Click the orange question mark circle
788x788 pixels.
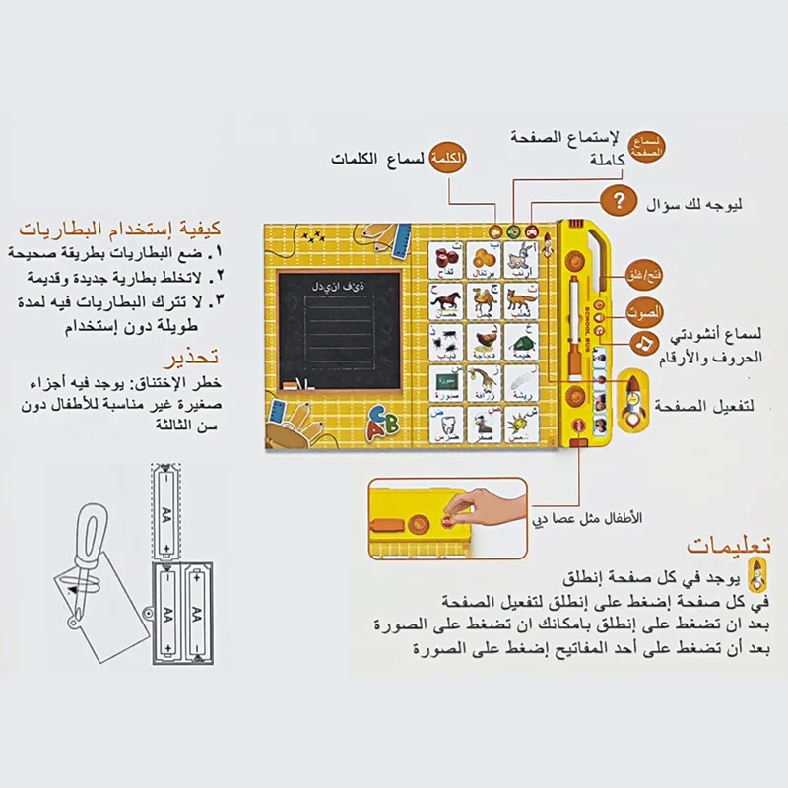tap(619, 202)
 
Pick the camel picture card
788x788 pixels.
tap(482, 302)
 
